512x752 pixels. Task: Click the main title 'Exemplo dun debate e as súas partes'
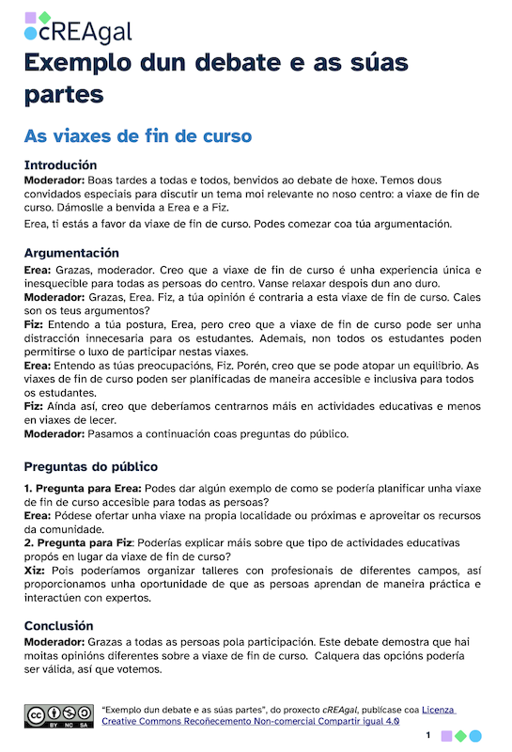point(217,79)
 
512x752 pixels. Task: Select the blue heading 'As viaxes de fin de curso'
point(137,136)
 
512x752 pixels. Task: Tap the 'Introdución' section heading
point(61,164)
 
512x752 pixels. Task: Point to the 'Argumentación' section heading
point(71,253)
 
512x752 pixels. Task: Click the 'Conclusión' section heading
point(58,626)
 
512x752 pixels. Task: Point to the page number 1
point(427,735)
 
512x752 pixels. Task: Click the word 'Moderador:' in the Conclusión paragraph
point(54,641)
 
